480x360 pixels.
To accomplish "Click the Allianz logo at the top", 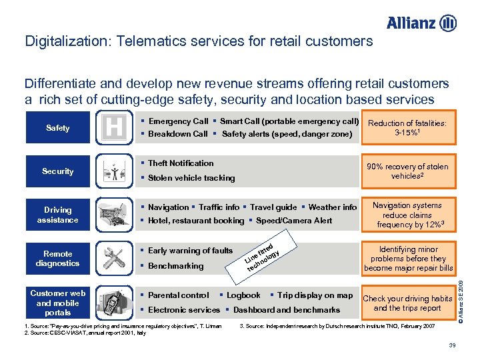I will [421, 23].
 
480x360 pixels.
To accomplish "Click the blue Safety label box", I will [57, 128].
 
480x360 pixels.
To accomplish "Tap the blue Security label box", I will [57, 171].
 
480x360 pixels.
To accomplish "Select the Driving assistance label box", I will [57, 215].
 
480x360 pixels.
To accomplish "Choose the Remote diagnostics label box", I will [57, 258].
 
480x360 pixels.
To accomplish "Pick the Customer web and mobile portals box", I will [57, 303].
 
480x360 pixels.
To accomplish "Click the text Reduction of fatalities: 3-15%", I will [407, 128].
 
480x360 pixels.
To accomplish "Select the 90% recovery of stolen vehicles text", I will [407, 171].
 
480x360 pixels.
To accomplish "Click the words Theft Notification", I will [180, 163].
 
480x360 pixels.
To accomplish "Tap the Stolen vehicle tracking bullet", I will [191, 178].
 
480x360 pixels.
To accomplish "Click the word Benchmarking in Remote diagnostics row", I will [175, 266].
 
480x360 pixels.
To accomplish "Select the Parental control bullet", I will [178, 295].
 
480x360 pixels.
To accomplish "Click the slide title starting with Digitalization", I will [199, 41].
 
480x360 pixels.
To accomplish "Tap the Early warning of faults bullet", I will [190, 251].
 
